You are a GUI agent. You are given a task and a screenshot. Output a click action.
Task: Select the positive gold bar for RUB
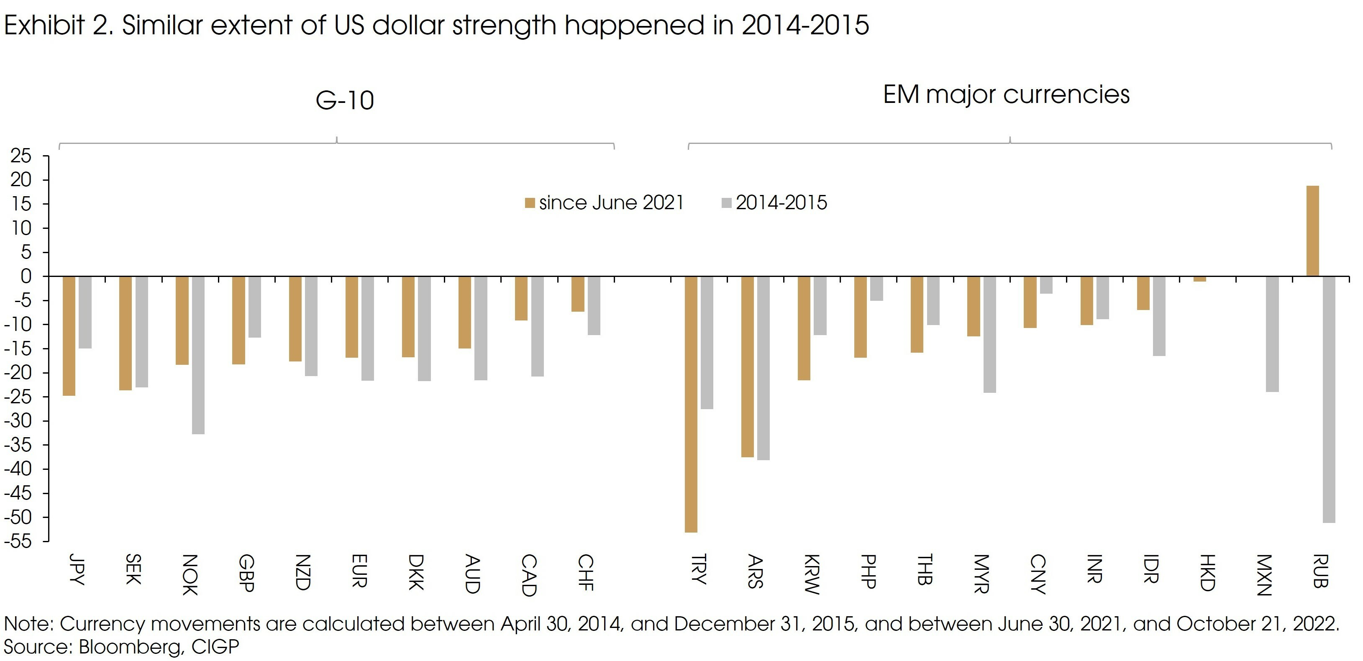(1312, 231)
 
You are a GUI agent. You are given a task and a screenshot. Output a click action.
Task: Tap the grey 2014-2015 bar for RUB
(1329, 400)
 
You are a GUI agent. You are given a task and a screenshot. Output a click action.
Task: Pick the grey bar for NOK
(198, 355)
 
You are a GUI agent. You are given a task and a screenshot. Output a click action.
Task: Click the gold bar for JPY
(69, 336)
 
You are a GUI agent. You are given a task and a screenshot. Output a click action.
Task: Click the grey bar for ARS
(763, 368)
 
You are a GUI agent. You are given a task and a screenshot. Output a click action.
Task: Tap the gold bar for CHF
(578, 294)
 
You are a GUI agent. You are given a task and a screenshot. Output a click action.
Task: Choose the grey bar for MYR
(989, 334)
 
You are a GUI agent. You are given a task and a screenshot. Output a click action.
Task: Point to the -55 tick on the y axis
(18, 541)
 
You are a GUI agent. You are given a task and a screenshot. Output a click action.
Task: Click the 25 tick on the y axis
(21, 156)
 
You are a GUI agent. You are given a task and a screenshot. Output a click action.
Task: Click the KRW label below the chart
(812, 574)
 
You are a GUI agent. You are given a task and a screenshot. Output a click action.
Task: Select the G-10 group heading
(344, 100)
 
